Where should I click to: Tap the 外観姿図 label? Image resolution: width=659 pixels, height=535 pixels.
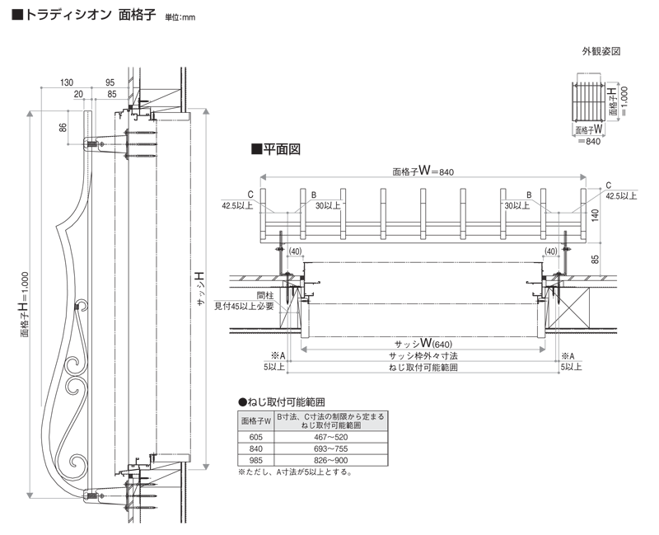coord(601,51)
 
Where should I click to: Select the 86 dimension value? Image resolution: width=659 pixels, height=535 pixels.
coord(62,128)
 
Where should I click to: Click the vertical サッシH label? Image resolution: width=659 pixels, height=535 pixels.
coord(201,289)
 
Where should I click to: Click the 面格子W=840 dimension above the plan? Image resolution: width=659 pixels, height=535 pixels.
coord(423,171)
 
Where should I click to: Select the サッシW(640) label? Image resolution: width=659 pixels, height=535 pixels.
coord(423,342)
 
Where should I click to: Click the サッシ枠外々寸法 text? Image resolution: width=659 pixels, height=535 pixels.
coord(423,355)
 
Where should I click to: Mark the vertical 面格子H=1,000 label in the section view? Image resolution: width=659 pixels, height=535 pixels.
coord(26,305)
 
